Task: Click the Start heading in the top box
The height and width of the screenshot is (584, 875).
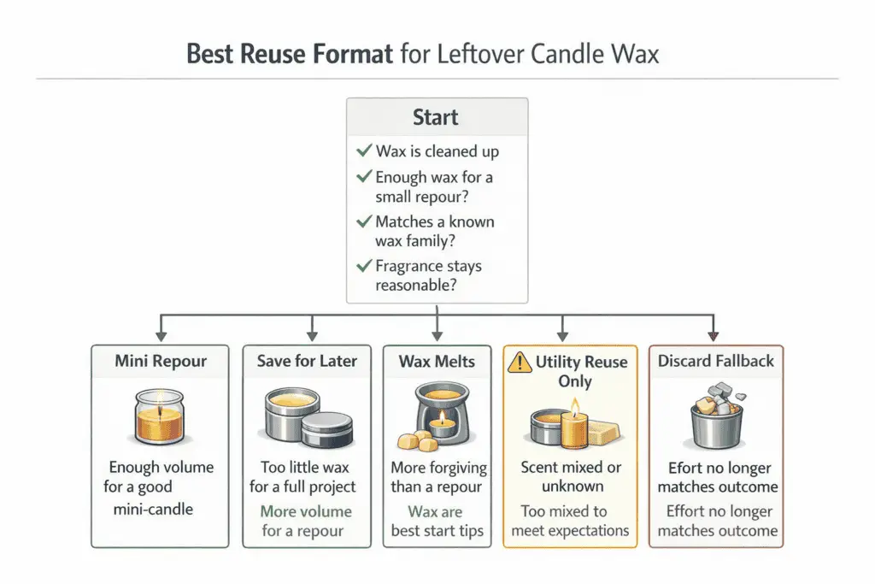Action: click(436, 117)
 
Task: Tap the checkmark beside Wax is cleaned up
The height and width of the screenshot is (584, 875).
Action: click(363, 151)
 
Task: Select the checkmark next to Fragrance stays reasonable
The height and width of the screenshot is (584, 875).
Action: click(363, 266)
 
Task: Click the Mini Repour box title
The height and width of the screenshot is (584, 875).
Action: click(161, 362)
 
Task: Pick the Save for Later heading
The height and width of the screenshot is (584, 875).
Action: click(306, 362)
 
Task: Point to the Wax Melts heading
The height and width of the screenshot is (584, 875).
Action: click(437, 362)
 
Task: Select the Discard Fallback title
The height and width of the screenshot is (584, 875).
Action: click(716, 362)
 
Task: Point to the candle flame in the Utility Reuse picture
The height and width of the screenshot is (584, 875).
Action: click(576, 404)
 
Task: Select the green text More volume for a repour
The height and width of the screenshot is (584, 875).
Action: click(307, 521)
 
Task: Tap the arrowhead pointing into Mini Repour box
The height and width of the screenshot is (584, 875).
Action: click(161, 335)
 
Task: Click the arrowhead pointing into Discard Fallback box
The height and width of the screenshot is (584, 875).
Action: click(714, 335)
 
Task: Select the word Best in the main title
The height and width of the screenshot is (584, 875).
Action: click(211, 55)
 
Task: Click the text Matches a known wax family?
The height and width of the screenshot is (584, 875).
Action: click(434, 231)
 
